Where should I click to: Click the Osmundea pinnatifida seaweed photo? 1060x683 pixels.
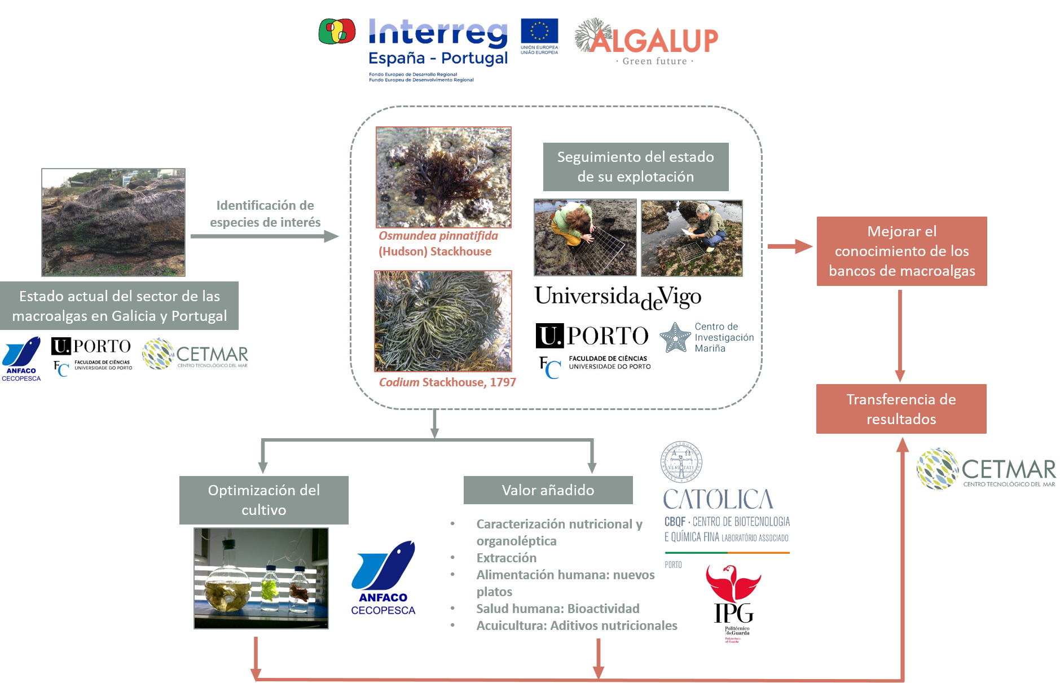[x=443, y=177]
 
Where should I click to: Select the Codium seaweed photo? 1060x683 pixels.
[x=443, y=321]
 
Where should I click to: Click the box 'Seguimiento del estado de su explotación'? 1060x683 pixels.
[x=636, y=167]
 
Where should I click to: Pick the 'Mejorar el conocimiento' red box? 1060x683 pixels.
[x=901, y=251]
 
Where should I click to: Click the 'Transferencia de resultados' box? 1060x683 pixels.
[x=901, y=409]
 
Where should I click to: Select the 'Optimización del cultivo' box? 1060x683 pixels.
[x=263, y=500]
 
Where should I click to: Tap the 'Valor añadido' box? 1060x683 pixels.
[x=548, y=490]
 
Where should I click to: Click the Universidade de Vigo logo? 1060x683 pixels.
[x=617, y=297]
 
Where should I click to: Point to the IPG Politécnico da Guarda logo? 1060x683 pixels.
[x=733, y=604]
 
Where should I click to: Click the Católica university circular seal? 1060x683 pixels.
[x=681, y=462]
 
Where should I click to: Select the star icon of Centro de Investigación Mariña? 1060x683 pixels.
[x=675, y=337]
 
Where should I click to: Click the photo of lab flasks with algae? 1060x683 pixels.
[x=261, y=578]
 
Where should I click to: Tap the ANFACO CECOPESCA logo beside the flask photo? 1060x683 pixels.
[x=382, y=577]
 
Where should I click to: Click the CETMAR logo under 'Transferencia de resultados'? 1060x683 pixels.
[x=988, y=469]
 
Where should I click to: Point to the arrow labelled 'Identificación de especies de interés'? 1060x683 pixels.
[x=265, y=236]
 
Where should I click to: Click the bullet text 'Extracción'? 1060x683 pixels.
[x=506, y=558]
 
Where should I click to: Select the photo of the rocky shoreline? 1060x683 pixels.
[x=113, y=222]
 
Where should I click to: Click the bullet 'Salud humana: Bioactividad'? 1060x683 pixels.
[x=557, y=609]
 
